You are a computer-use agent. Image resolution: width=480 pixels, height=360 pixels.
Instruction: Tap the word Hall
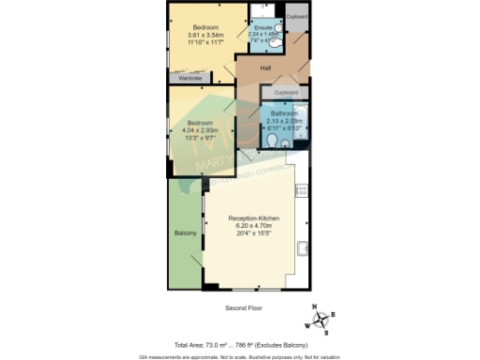pyautogui.click(x=265, y=68)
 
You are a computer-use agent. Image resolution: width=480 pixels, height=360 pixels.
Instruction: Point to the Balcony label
pyautogui.click(x=184, y=232)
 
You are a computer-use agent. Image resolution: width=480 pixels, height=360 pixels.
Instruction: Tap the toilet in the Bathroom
pyautogui.click(x=271, y=141)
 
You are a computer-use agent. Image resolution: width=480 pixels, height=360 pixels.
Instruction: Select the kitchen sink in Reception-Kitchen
pyautogui.click(x=302, y=248)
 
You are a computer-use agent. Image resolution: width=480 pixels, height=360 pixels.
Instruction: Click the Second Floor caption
pyautogui.click(x=243, y=308)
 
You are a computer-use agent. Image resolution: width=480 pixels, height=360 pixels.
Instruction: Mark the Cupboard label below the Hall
pyautogui.click(x=287, y=92)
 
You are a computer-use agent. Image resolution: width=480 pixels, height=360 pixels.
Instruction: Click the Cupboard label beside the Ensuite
pyautogui.click(x=297, y=17)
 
